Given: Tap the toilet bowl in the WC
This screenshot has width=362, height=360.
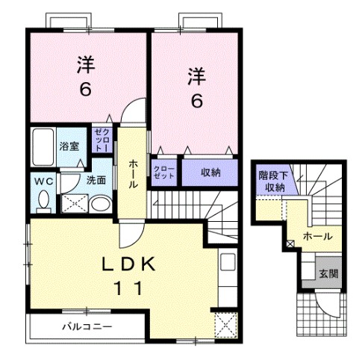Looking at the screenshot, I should click(x=43, y=199).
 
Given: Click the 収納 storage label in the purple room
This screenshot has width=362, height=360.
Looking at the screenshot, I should click(x=210, y=173).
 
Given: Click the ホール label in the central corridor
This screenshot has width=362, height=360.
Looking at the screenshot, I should click(x=132, y=174).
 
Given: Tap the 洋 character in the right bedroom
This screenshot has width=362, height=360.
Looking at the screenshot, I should click(x=196, y=75).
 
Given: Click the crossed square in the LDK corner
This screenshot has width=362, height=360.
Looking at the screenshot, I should click(x=222, y=324).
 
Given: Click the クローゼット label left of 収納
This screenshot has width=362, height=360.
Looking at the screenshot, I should click(x=164, y=173).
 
